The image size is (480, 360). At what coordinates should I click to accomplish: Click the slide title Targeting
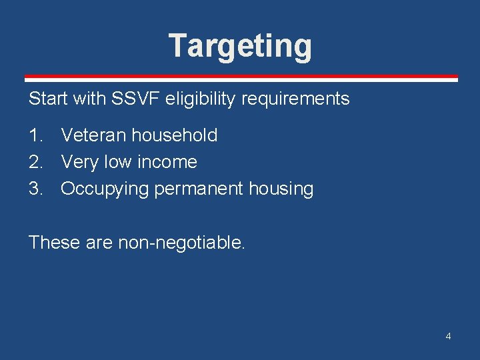click(x=240, y=46)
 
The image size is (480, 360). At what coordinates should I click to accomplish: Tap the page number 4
click(x=448, y=336)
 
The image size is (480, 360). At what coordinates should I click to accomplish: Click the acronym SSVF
click(x=129, y=99)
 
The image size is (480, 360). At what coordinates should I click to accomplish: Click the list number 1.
click(x=35, y=135)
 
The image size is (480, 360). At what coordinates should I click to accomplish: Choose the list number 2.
click(x=35, y=162)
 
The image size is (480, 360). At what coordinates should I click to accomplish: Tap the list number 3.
click(x=35, y=189)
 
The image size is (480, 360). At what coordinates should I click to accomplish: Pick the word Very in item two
click(x=80, y=162)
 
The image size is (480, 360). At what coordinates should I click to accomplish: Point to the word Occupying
click(x=105, y=189)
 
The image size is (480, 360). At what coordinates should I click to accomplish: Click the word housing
click(x=281, y=189)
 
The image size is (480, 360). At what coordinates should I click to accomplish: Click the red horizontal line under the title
click(x=240, y=77)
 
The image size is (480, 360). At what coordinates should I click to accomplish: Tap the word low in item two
click(x=117, y=162)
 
